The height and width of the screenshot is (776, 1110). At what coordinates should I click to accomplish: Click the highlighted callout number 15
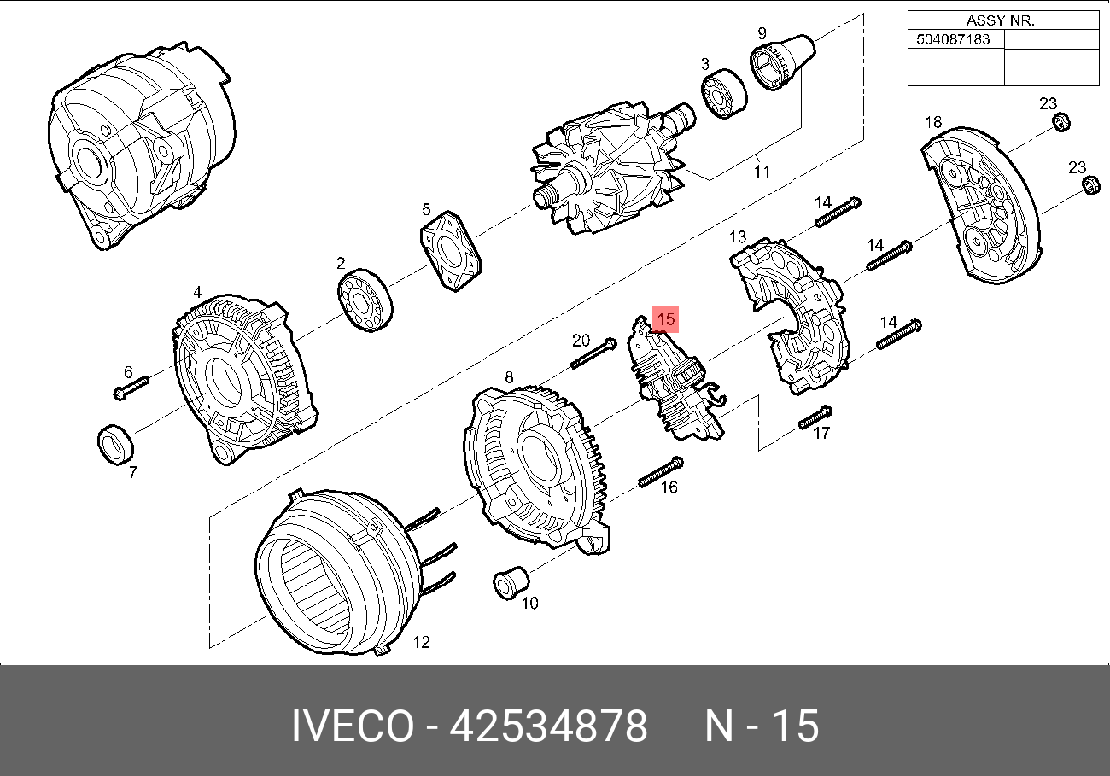tap(665, 319)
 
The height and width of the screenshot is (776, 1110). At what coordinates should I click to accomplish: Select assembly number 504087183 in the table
tap(953, 39)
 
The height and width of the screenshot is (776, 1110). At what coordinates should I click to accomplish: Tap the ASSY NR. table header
tap(1001, 20)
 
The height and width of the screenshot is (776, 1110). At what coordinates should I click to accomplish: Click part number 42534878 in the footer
tap(548, 726)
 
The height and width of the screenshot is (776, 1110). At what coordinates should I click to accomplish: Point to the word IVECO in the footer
tap(353, 726)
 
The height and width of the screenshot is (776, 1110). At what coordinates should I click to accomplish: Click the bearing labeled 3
tap(724, 94)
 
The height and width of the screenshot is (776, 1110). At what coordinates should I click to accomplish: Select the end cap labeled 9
tap(782, 62)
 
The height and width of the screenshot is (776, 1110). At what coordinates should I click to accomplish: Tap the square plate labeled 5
tap(451, 251)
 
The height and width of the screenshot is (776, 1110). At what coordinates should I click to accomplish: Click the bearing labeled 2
tap(365, 300)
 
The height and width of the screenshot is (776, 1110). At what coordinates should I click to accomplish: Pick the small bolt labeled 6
tap(131, 388)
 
